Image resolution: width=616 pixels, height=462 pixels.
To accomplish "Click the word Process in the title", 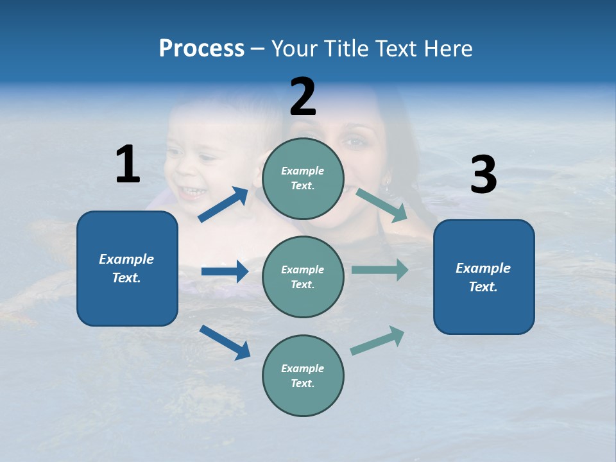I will pyautogui.click(x=201, y=49).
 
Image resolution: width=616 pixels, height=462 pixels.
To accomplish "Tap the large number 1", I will pyautogui.click(x=128, y=164).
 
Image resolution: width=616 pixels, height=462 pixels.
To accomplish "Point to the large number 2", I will pyautogui.click(x=303, y=97).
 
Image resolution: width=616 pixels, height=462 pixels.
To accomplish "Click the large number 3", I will pyautogui.click(x=483, y=175).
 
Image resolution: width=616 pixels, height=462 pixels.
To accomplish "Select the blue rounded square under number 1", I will pyautogui.click(x=127, y=268).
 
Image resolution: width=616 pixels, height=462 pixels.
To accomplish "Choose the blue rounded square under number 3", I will pyautogui.click(x=484, y=277).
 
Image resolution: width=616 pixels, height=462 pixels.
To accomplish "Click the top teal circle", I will pyautogui.click(x=303, y=178).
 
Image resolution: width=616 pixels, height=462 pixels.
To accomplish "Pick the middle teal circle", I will pyautogui.click(x=303, y=277).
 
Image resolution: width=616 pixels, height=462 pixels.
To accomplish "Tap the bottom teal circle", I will pyautogui.click(x=303, y=375).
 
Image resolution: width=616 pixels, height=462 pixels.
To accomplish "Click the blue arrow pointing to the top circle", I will pyautogui.click(x=224, y=205).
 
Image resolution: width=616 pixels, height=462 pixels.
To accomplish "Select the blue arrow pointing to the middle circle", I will pyautogui.click(x=225, y=271).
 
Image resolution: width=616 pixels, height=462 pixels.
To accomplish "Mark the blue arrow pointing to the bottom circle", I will pyautogui.click(x=225, y=342).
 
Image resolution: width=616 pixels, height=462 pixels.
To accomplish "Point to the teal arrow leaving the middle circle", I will pyautogui.click(x=380, y=270).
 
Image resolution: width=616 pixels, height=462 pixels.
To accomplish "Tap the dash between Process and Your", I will pyautogui.click(x=258, y=49).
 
